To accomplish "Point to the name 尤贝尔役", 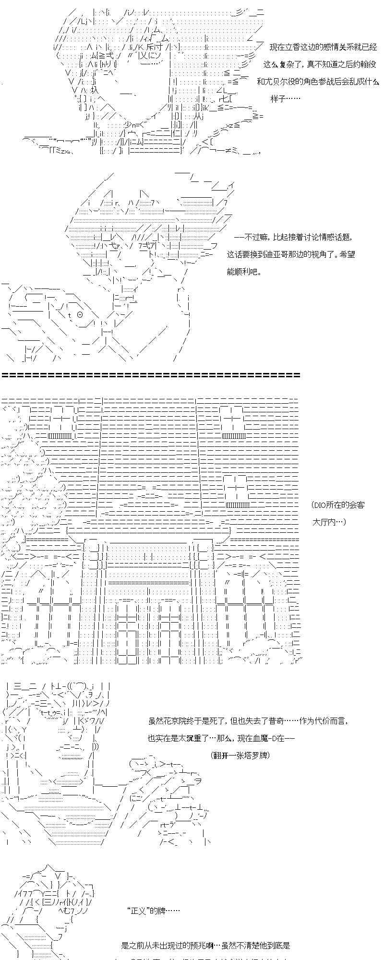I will [282, 82].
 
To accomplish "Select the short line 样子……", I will [285, 99].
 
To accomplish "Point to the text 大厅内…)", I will [329, 522].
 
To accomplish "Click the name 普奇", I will [285, 721].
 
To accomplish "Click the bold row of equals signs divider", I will [151, 375].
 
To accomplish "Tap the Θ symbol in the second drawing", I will [80, 315].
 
